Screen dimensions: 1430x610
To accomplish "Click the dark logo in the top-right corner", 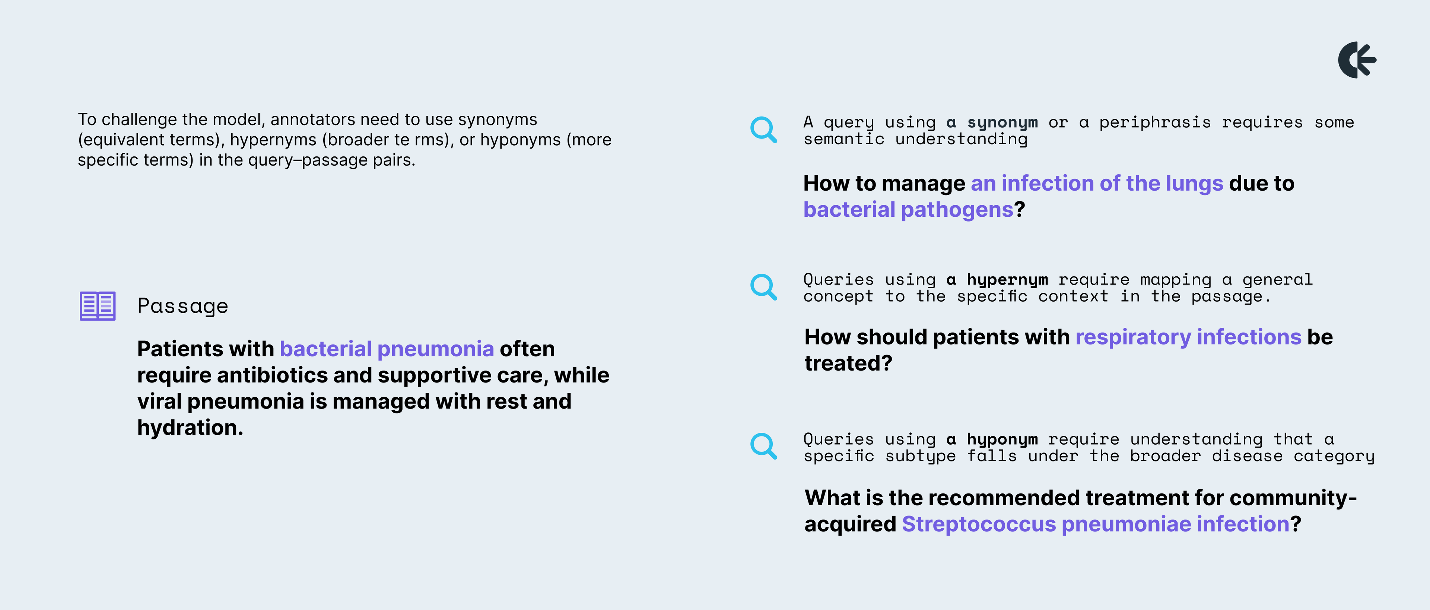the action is (x=1357, y=60).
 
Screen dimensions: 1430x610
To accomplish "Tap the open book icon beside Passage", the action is (x=98, y=306).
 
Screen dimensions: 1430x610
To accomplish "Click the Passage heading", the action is (x=182, y=306).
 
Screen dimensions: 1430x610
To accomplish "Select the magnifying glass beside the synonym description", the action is (x=764, y=130).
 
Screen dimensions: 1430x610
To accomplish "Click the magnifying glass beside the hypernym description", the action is (x=764, y=287).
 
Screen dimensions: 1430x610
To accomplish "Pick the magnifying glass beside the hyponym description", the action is (x=764, y=446).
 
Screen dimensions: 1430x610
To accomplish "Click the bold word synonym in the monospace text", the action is (x=1002, y=123).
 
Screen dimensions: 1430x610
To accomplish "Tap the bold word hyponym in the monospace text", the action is (x=1002, y=439).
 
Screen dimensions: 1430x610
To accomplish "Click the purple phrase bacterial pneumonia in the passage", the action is (x=387, y=349).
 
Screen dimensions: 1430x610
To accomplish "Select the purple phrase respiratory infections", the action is (x=1189, y=337).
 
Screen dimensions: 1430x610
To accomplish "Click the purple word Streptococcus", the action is (x=979, y=524).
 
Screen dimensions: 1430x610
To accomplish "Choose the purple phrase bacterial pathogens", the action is (x=909, y=210).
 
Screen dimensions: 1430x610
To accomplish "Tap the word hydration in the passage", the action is (x=190, y=428).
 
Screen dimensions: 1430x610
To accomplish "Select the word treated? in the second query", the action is (x=848, y=363).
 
